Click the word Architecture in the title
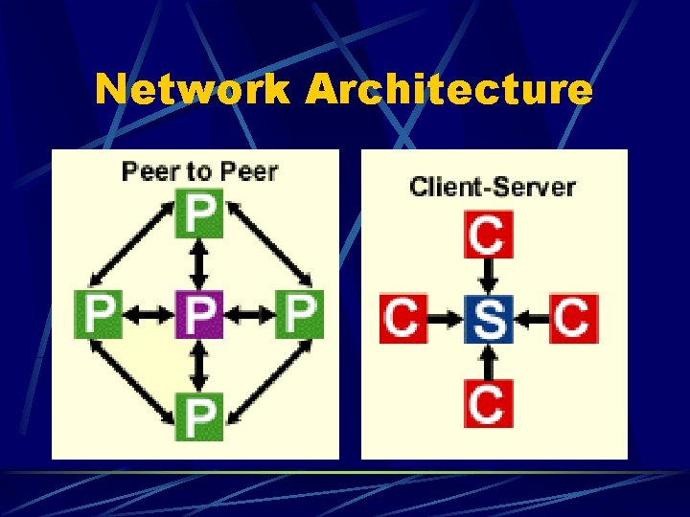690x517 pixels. pos(449,90)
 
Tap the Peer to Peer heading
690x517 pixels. pos(199,172)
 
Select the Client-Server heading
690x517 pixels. pos(493,187)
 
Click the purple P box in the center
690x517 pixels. pos(199,314)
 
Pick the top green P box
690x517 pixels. pos(199,214)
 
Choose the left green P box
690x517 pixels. pos(100,314)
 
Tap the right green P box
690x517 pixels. pos(300,314)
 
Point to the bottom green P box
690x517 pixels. pos(199,416)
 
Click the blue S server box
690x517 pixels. pos(489,318)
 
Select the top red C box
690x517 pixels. pos(489,234)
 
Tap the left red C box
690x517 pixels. pos(403,318)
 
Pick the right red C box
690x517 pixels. pos(573,318)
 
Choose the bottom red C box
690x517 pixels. pos(489,403)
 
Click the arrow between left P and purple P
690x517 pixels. pos(149,314)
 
